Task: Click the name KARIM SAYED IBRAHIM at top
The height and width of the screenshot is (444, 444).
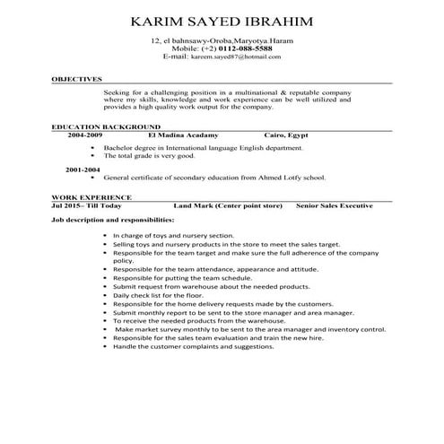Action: click(222, 21)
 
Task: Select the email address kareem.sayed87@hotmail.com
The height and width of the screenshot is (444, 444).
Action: click(229, 57)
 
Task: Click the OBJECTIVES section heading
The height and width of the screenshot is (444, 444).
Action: click(76, 80)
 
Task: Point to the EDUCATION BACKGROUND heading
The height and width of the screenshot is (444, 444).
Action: click(106, 127)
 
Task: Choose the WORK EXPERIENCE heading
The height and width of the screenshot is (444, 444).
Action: click(91, 196)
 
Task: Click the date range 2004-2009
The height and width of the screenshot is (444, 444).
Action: click(84, 135)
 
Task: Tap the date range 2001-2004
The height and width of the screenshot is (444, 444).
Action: click(83, 168)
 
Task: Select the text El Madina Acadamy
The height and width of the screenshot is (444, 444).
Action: click(190, 135)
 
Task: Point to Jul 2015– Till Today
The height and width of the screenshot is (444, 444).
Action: click(87, 205)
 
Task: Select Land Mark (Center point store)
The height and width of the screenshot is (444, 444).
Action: click(228, 205)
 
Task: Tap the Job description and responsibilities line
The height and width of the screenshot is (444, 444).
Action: click(113, 218)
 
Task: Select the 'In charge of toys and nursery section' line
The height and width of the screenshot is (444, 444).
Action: click(173, 235)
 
